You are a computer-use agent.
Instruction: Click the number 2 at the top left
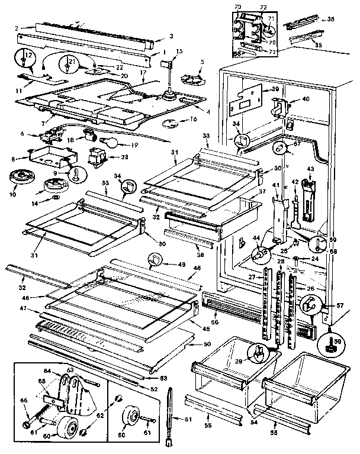click(17, 27)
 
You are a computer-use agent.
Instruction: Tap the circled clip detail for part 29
click(259, 354)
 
